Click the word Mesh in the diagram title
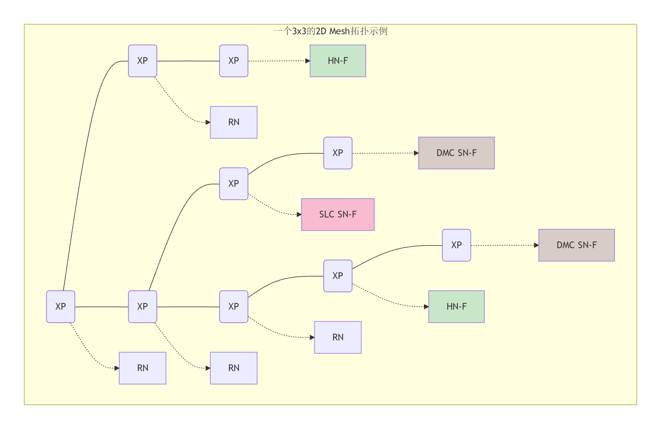(x=339, y=31)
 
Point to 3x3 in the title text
(x=299, y=31)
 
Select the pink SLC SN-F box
(x=338, y=214)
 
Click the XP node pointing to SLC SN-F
(x=234, y=184)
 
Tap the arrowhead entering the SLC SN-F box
(x=299, y=214)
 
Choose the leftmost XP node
(x=61, y=306)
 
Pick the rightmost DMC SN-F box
(x=576, y=245)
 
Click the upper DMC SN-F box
(x=456, y=153)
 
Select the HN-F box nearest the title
(x=338, y=61)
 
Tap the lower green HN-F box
(x=456, y=306)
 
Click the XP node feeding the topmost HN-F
(x=234, y=61)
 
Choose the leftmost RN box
(x=142, y=368)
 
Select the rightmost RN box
(x=338, y=337)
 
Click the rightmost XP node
(x=456, y=245)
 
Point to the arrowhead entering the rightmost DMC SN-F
(x=536, y=245)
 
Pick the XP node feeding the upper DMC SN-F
(x=338, y=153)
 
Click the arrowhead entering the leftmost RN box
(x=117, y=368)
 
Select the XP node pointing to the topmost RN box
(x=142, y=61)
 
